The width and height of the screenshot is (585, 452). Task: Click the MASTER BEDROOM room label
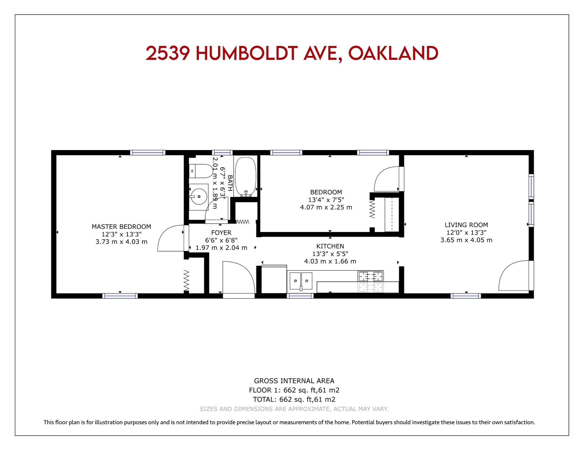(x=121, y=226)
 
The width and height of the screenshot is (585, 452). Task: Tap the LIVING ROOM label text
(x=466, y=225)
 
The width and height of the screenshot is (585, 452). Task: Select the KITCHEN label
(x=330, y=246)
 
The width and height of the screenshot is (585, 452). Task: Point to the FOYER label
(x=221, y=233)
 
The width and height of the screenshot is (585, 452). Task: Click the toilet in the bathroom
(x=201, y=171)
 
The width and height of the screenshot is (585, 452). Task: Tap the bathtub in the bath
(x=246, y=176)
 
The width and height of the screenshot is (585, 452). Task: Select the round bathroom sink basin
(x=199, y=196)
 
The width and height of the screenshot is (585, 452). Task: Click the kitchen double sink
(x=301, y=281)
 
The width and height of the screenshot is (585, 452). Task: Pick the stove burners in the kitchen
(x=370, y=276)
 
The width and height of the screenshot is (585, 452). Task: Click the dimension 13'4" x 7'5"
(x=326, y=200)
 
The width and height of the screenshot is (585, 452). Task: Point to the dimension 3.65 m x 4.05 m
(x=466, y=240)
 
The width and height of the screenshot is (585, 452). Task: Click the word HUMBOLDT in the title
(x=247, y=53)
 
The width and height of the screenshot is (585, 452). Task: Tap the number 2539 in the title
(x=168, y=53)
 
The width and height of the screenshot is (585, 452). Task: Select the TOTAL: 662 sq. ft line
(x=294, y=400)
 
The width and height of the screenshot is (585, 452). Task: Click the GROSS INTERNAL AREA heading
(x=294, y=381)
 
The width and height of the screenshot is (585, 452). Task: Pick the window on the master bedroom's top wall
(x=148, y=152)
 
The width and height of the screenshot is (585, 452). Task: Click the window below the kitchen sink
(x=300, y=296)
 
